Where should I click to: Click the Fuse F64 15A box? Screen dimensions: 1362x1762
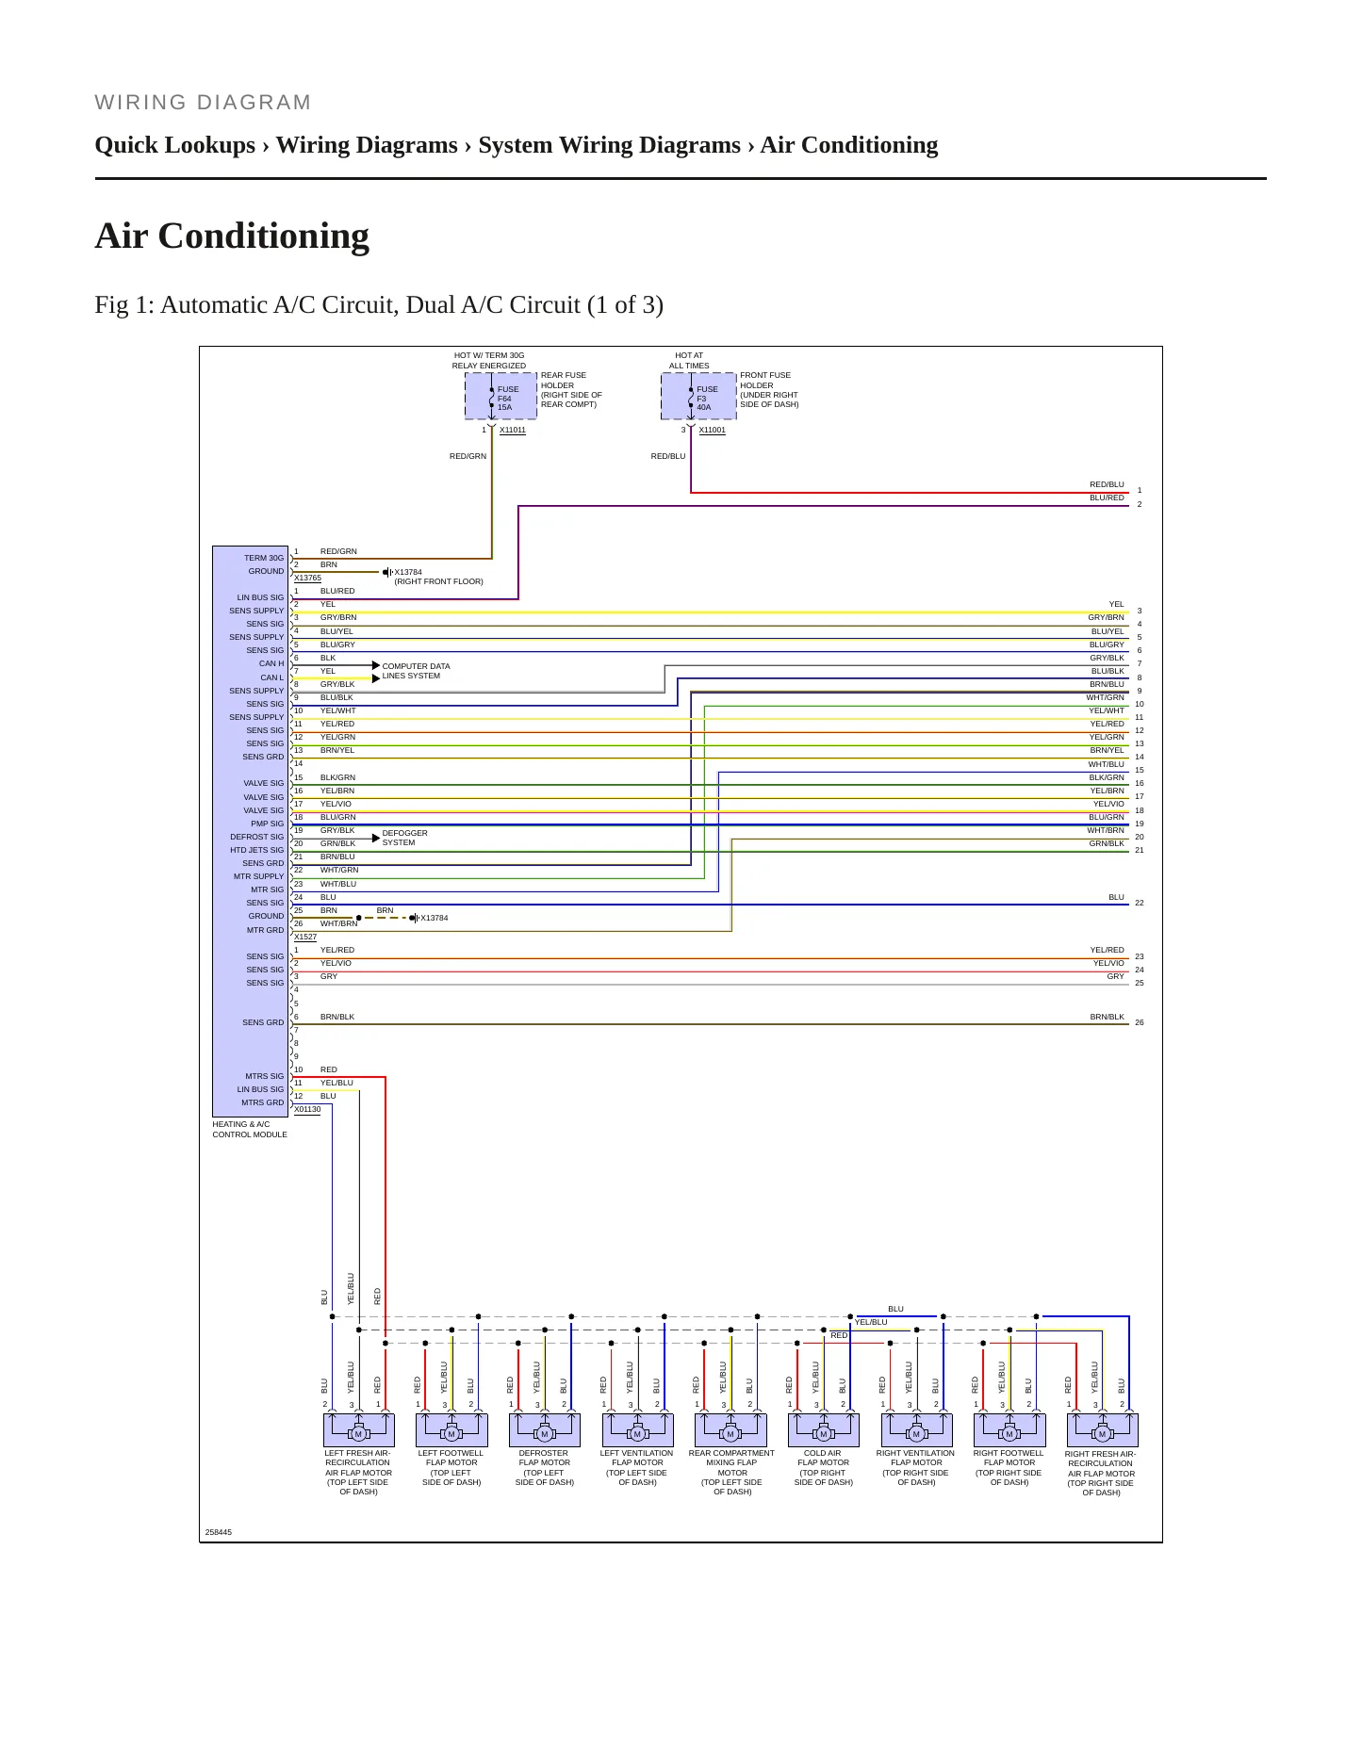(x=500, y=397)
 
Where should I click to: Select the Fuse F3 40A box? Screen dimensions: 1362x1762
(x=698, y=397)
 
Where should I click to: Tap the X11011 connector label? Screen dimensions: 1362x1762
(x=513, y=431)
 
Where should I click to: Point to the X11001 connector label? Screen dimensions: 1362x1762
(x=713, y=431)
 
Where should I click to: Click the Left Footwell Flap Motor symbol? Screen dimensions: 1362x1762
(x=451, y=1429)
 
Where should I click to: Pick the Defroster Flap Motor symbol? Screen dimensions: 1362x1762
(x=544, y=1429)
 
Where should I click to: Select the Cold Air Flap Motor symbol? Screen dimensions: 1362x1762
(x=824, y=1429)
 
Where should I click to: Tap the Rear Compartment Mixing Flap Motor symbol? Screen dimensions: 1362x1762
(x=730, y=1429)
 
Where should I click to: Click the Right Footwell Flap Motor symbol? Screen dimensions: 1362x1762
(x=1009, y=1429)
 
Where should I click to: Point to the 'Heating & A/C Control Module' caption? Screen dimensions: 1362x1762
(x=250, y=1130)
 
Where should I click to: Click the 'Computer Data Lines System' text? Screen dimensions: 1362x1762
(x=416, y=671)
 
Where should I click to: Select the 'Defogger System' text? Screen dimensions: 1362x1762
(x=404, y=838)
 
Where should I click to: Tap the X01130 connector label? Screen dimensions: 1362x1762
(x=307, y=1110)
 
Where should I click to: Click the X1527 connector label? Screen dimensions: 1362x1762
(x=305, y=938)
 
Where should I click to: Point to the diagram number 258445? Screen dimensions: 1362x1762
(x=219, y=1532)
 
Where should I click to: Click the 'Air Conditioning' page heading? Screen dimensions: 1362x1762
(x=232, y=236)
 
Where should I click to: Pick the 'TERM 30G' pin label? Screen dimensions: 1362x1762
(x=264, y=558)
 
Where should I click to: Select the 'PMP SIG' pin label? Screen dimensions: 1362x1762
(x=267, y=824)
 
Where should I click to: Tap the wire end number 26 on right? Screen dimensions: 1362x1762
(x=1140, y=1022)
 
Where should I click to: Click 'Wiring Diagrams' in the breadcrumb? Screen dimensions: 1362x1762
(x=367, y=145)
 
